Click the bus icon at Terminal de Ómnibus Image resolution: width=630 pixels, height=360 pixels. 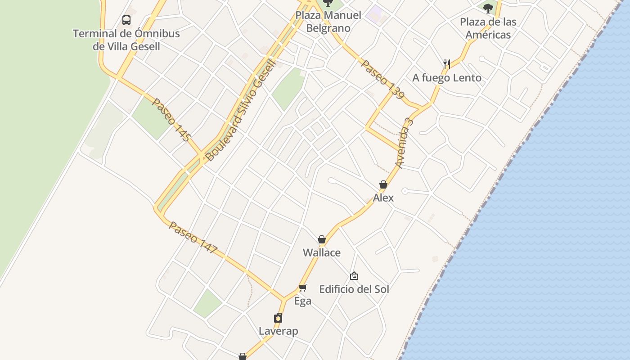click(x=126, y=20)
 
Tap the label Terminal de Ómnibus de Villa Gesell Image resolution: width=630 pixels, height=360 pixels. click(x=126, y=40)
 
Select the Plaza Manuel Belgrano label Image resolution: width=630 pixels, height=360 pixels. click(x=328, y=22)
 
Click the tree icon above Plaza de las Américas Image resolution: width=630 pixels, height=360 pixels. click(x=488, y=8)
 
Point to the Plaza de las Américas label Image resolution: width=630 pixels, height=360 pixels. click(x=488, y=28)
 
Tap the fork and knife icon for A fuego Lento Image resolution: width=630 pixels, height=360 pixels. click(x=446, y=64)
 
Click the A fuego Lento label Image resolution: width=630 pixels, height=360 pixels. click(x=447, y=78)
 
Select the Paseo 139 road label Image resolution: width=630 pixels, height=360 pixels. click(x=383, y=80)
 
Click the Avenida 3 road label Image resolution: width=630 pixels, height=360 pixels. click(x=404, y=143)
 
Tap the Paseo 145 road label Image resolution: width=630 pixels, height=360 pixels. click(x=171, y=120)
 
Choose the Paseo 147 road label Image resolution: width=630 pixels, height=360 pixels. click(x=193, y=238)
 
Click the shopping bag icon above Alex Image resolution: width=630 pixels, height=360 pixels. click(x=383, y=184)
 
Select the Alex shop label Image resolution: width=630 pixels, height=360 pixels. click(x=383, y=198)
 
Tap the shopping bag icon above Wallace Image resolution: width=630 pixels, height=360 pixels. click(x=322, y=239)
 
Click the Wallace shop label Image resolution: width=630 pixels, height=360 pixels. click(x=322, y=252)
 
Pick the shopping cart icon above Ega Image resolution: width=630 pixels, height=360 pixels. click(x=303, y=288)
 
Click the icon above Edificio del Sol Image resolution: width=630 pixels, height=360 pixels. click(x=354, y=276)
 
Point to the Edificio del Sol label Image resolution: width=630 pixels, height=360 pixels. click(x=354, y=289)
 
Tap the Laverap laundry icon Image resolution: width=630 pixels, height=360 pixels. click(x=278, y=318)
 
